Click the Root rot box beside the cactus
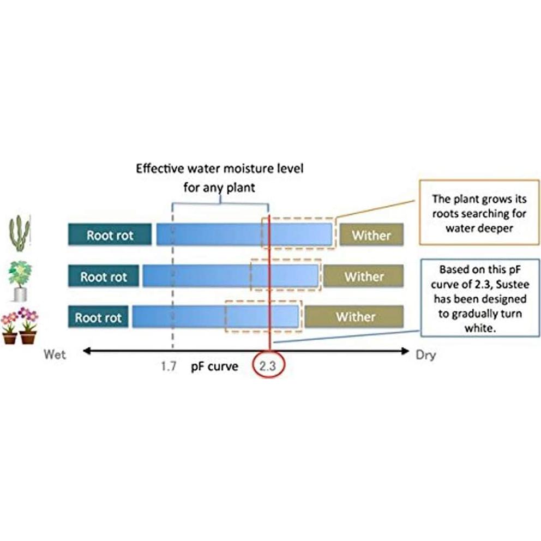110,235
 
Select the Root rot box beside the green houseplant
104,276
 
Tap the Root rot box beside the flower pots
98,317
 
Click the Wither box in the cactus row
371,235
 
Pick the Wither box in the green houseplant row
363,276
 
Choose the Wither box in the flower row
354,317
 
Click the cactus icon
20,233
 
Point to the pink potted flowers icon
19,326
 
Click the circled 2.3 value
268,366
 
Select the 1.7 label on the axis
168,366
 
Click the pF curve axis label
214,366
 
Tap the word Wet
55,355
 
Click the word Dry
426,355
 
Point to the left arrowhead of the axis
86,352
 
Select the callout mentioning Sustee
479,299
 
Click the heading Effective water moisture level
220,168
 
